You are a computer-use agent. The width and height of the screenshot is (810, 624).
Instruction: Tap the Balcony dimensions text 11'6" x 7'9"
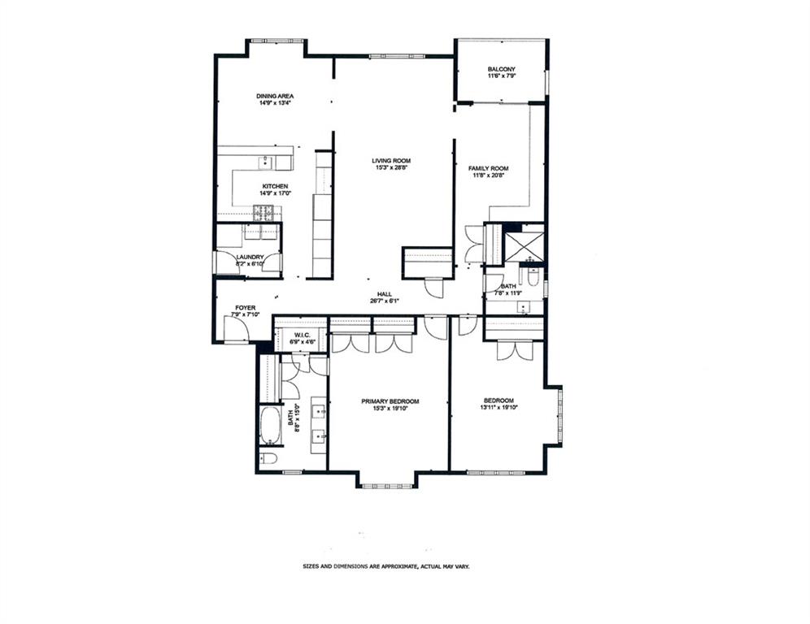click(x=502, y=76)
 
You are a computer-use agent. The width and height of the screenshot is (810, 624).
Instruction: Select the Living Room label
click(x=391, y=161)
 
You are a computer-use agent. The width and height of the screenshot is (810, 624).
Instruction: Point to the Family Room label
click(x=490, y=168)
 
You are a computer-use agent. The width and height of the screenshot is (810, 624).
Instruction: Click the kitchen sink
click(x=266, y=163)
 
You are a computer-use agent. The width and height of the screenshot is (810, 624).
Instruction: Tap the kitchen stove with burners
click(x=265, y=213)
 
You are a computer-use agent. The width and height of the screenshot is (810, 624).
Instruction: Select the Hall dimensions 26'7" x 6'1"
click(x=385, y=301)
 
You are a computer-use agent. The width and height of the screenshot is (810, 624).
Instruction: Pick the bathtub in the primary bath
click(x=270, y=425)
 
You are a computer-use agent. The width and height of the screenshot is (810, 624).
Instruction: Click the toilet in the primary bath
click(x=269, y=459)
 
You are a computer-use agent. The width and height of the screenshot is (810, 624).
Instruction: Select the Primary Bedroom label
click(x=390, y=401)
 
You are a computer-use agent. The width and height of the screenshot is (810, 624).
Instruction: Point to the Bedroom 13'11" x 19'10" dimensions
click(x=498, y=408)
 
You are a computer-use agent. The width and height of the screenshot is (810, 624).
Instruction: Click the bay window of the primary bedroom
click(x=386, y=485)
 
